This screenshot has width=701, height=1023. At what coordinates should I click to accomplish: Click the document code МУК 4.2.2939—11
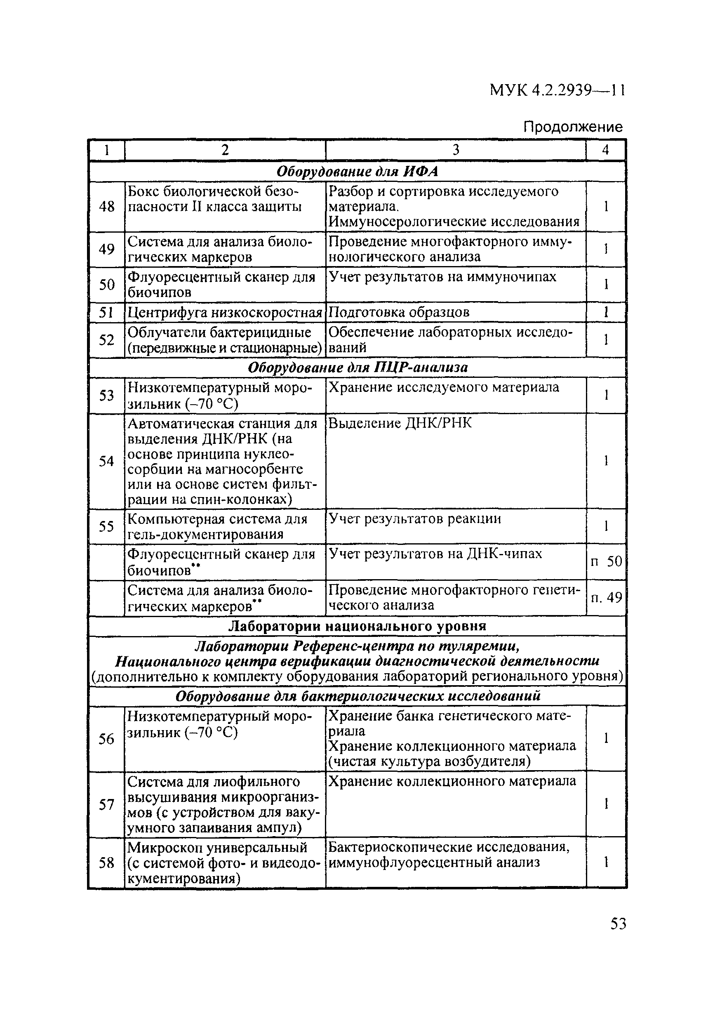point(557,90)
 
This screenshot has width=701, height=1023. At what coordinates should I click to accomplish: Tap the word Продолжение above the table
point(572,127)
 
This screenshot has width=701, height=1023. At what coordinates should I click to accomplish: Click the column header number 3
point(456,150)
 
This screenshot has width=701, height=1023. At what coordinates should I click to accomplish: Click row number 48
point(106,206)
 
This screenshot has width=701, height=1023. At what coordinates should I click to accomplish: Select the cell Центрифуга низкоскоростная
point(225,312)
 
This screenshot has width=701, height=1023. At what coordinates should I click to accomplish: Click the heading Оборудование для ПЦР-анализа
point(358,367)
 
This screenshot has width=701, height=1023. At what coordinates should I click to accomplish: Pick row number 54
point(106,461)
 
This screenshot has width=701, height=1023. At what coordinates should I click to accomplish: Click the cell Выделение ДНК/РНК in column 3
point(400,423)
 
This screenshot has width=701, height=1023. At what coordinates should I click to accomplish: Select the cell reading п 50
point(606,561)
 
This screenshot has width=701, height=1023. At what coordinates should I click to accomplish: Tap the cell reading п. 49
point(606,597)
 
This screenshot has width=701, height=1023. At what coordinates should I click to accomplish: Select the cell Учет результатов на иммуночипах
point(442,277)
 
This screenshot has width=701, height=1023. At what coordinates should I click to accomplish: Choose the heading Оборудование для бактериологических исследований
point(358,696)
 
